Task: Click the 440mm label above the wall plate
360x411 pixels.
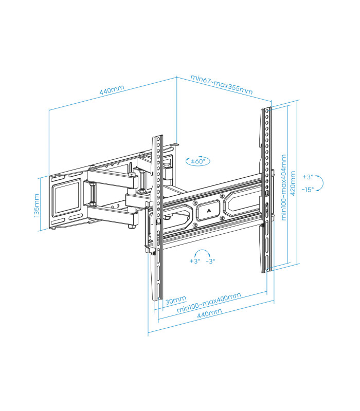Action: pyautogui.click(x=112, y=91)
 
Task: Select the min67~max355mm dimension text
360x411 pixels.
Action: pyautogui.click(x=221, y=85)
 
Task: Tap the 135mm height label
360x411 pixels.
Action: pyautogui.click(x=37, y=206)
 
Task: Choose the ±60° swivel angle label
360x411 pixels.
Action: pyautogui.click(x=197, y=161)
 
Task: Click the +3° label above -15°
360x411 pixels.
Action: pyautogui.click(x=308, y=177)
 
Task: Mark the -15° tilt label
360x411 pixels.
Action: pyautogui.click(x=308, y=189)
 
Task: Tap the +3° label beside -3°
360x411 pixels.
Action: pyautogui.click(x=194, y=261)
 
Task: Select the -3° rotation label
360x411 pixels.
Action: pyautogui.click(x=210, y=261)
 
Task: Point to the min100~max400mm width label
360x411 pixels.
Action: pyautogui.click(x=209, y=304)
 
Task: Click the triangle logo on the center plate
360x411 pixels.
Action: pyautogui.click(x=209, y=210)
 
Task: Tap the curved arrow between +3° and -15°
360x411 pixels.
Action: pyautogui.click(x=319, y=183)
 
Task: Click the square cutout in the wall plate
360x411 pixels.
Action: pyautogui.click(x=67, y=198)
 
